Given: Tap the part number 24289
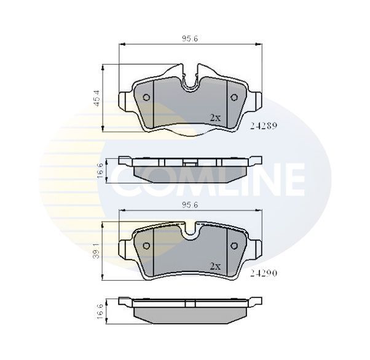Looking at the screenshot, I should tap(264, 125).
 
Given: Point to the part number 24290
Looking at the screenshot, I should tap(264, 269).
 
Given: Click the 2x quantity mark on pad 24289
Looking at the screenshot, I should tap(215, 117).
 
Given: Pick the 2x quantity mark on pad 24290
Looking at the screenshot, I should tap(215, 266).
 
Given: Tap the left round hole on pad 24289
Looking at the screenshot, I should tap(147, 98).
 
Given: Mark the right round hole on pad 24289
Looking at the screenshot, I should tap(234, 98).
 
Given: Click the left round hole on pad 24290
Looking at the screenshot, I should tap(147, 246).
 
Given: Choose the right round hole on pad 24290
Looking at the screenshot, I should tap(234, 246).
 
